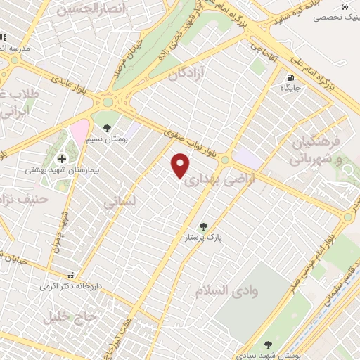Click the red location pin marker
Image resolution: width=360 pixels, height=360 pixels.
(x=181, y=166)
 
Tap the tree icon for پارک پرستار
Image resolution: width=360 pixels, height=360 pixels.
(x=203, y=226)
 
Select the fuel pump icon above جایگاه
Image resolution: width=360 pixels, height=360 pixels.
(x=289, y=78)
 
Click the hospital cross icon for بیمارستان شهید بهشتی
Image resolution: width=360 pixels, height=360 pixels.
(x=62, y=159)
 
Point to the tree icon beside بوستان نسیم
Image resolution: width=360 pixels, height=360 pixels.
(x=106, y=128)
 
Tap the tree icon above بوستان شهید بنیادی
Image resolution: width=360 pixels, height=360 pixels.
(x=268, y=345)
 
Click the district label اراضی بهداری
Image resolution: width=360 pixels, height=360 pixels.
(x=211, y=176)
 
